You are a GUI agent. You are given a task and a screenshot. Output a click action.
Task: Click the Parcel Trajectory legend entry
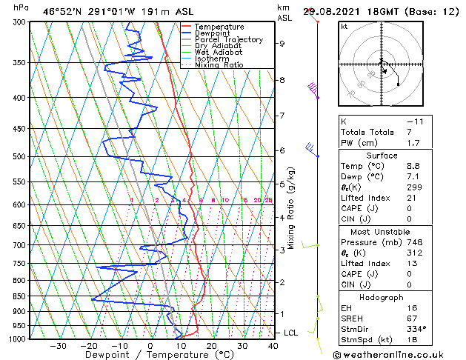pos(228,39)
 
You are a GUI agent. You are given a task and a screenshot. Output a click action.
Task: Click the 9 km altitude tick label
pos(282,44)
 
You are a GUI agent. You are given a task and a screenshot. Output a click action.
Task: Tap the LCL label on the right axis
pos(291,333)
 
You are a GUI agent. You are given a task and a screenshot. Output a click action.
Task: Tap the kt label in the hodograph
pos(344,26)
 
